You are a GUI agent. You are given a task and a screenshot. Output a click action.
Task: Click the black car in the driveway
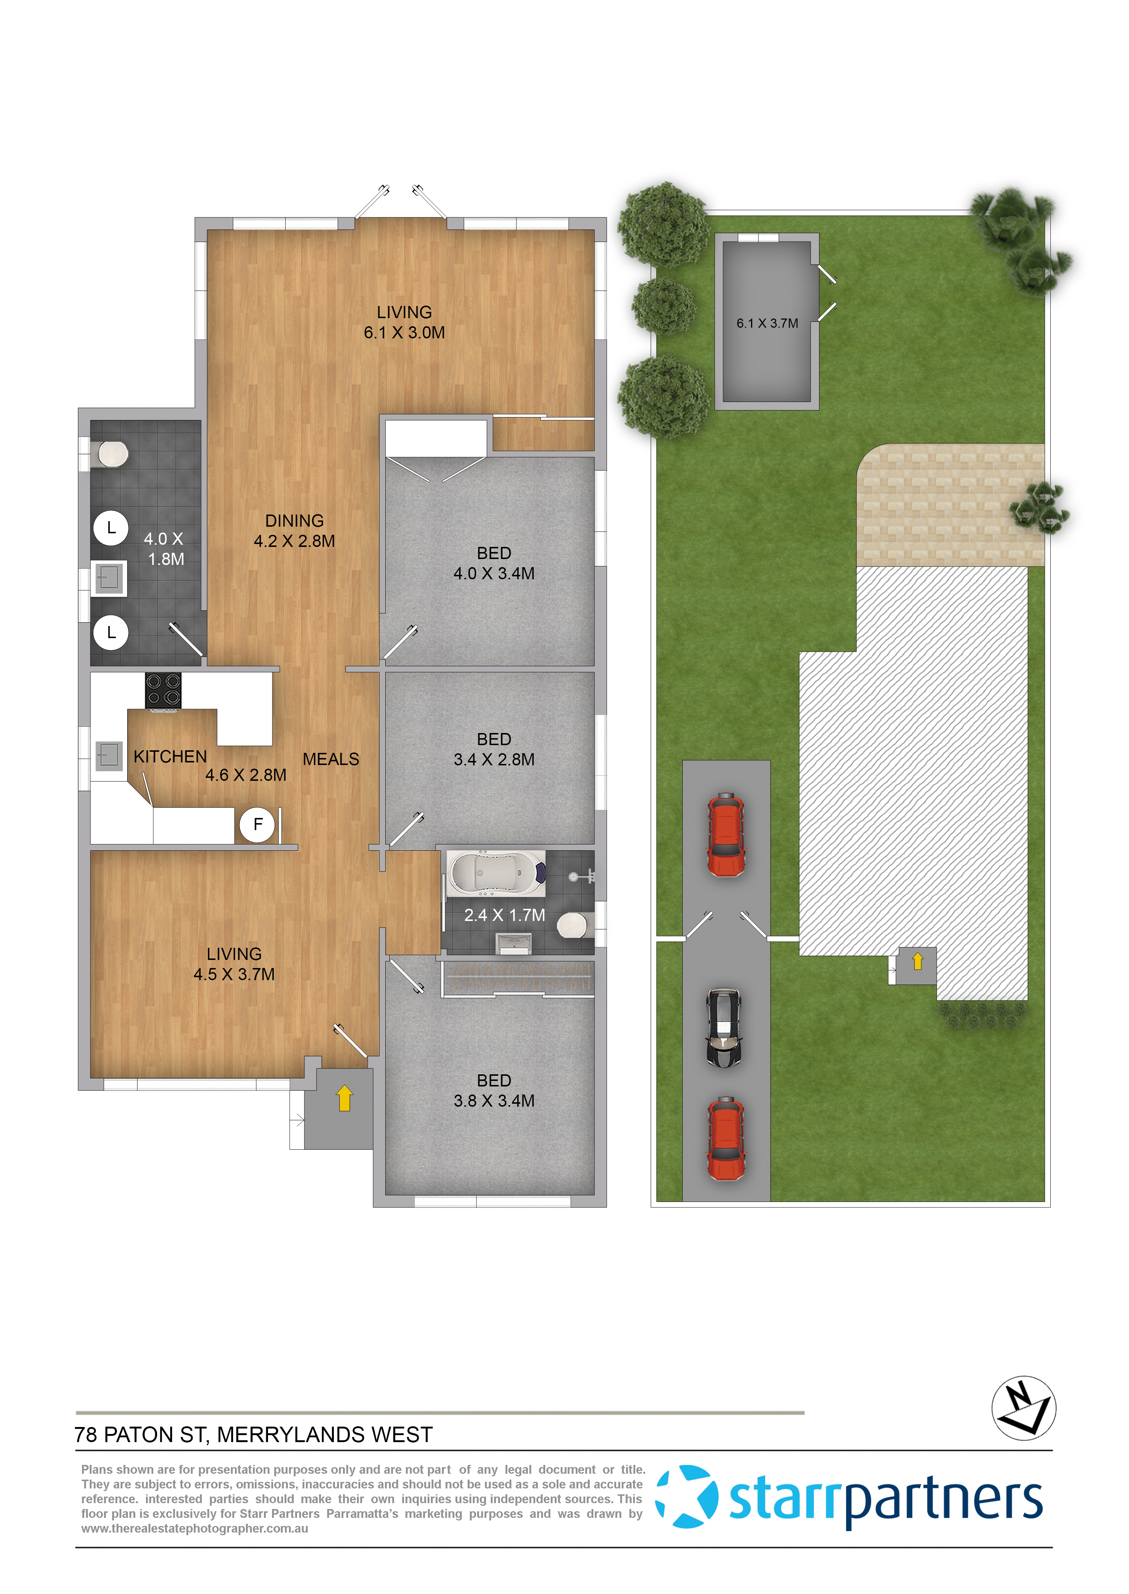[x=724, y=1028]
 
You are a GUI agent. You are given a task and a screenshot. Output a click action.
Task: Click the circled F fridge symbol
[x=257, y=825]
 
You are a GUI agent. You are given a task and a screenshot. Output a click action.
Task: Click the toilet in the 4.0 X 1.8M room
[x=111, y=455]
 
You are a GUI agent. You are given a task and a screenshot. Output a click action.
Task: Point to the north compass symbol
[x=1023, y=1408]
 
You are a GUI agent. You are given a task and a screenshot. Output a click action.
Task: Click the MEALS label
[x=331, y=759]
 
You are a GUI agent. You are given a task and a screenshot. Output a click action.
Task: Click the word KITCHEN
[x=170, y=757]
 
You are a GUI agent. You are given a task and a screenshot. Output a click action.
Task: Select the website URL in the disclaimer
[x=194, y=1529]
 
